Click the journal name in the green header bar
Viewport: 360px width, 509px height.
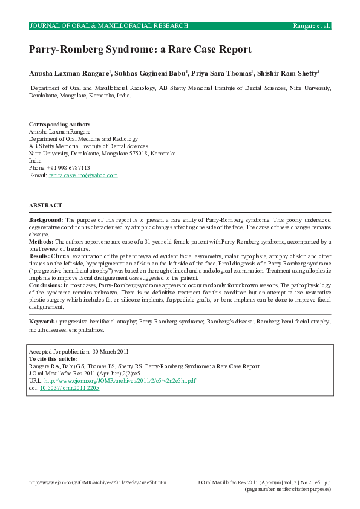(109, 25)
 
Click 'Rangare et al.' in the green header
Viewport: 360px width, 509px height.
(311, 25)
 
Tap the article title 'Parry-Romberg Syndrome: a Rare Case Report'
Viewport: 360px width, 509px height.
(140, 50)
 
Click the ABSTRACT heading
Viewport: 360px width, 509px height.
(45, 206)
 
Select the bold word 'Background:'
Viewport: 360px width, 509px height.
(47, 220)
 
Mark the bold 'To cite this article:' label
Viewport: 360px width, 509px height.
(57, 358)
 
